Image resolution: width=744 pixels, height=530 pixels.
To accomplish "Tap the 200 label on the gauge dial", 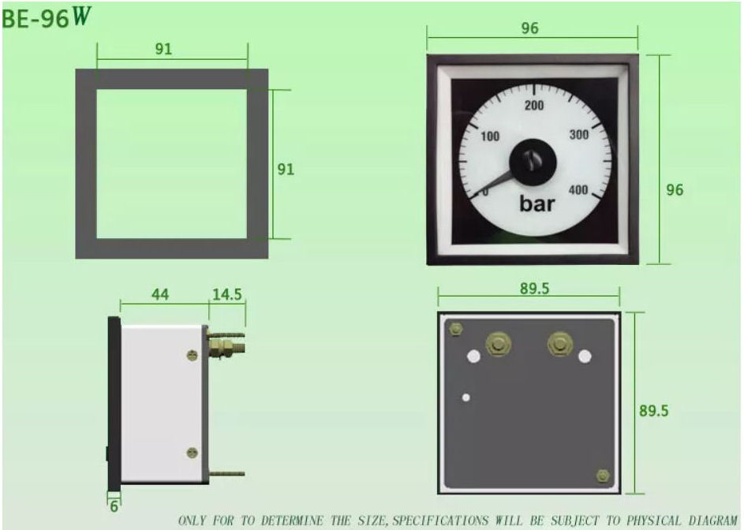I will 534,106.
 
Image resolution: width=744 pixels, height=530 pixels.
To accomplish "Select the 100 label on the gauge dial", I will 490,136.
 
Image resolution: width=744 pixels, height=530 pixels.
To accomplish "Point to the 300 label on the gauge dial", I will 579,135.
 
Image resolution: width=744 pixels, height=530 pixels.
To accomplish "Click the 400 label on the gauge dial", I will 578,189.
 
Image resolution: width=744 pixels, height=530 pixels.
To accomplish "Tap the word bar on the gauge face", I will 537,204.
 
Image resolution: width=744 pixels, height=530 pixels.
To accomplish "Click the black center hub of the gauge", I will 533,161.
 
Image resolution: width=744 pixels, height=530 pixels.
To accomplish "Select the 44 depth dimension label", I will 159,294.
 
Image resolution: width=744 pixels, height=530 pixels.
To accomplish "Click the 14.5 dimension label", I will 226,295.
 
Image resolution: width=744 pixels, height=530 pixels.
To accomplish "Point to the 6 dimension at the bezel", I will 114,506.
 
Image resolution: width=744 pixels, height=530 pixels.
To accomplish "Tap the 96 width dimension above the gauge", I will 529,28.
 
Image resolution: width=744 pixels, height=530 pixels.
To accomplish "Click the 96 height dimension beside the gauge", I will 675,190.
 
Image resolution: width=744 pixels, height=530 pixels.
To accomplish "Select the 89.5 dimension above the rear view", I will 534,289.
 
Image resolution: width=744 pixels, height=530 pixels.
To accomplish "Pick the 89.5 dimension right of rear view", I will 656,412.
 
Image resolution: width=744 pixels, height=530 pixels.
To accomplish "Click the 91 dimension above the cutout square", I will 163,49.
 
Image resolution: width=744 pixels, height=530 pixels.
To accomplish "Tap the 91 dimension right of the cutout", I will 285,170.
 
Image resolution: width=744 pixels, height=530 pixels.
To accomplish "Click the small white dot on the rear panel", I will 466,397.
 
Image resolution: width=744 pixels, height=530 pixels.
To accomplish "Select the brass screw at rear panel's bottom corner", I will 604,475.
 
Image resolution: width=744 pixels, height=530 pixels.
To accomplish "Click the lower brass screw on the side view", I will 192,452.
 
